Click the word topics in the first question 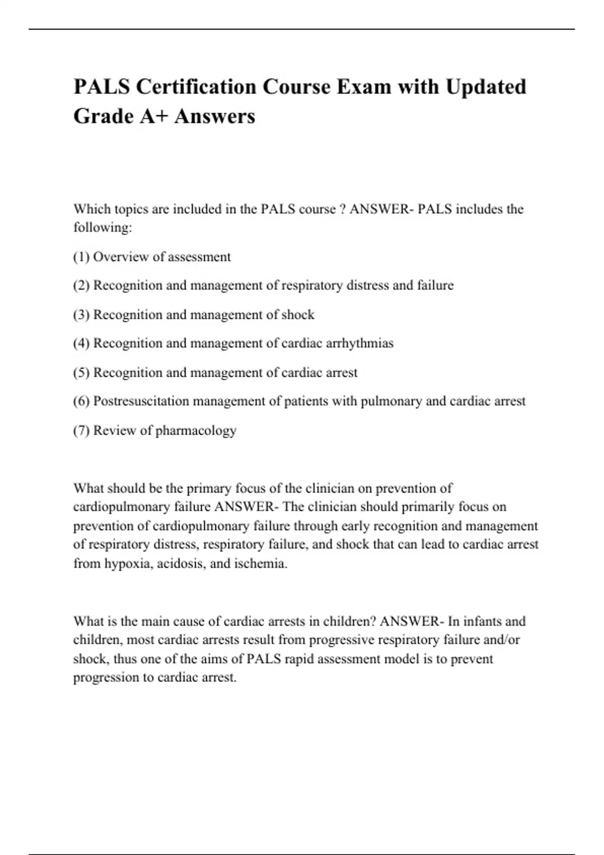[x=131, y=209]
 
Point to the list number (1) [x=81, y=257]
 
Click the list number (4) [x=81, y=344]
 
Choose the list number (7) [x=81, y=431]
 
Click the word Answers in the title [x=215, y=116]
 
